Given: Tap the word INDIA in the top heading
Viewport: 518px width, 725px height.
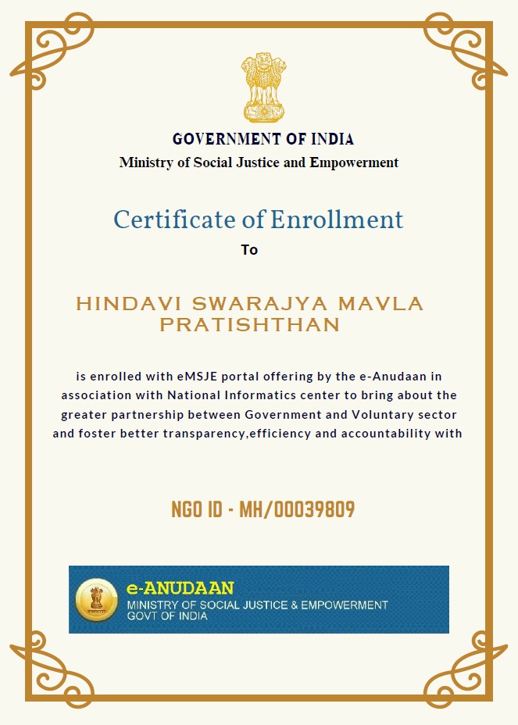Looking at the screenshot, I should (x=332, y=140).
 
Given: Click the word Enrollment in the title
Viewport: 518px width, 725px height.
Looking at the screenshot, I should (x=337, y=220).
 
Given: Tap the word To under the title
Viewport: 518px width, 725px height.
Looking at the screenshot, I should (x=249, y=250).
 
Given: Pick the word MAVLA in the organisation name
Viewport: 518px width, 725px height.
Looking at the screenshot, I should (x=388, y=303).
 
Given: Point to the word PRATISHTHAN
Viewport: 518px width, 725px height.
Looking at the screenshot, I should (x=250, y=325).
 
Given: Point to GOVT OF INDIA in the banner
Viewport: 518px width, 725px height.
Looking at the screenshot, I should (x=167, y=616).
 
